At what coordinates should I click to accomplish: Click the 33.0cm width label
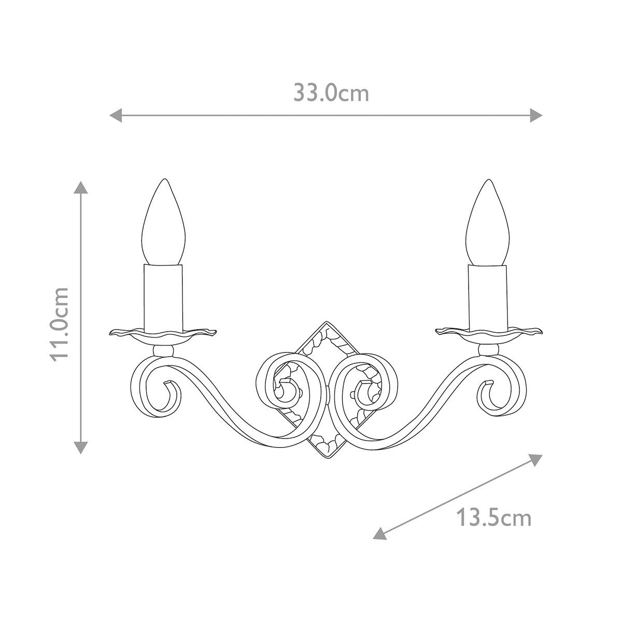pos(331,93)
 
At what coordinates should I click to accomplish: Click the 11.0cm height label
pos(60,324)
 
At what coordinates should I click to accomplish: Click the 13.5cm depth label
pos(494,518)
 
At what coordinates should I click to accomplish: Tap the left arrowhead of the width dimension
pos(115,115)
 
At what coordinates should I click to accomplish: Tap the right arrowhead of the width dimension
pos(536,115)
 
